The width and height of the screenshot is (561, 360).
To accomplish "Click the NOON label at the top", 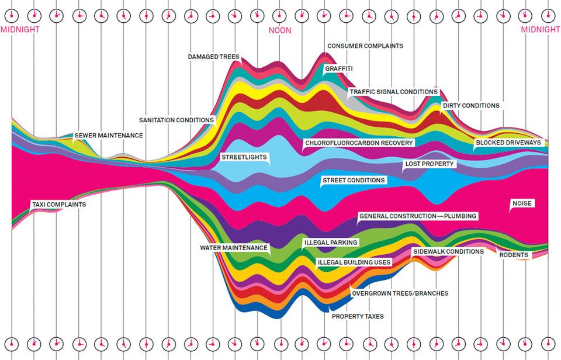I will pyautogui.click(x=280, y=30).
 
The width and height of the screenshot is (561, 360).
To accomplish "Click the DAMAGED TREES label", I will pyautogui.click(x=214, y=57).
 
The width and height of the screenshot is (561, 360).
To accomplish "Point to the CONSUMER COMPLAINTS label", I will pyautogui.click(x=365, y=46).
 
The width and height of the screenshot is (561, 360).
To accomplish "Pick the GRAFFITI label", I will pyautogui.click(x=339, y=69).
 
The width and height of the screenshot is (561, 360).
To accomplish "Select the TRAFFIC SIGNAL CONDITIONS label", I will pyautogui.click(x=393, y=92).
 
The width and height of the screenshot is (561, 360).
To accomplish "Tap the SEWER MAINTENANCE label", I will pyautogui.click(x=108, y=135).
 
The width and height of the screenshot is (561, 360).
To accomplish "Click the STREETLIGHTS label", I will pyautogui.click(x=244, y=157).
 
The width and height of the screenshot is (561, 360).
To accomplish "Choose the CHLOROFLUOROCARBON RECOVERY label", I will pyautogui.click(x=359, y=143).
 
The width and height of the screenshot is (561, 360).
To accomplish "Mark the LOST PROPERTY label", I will pyautogui.click(x=430, y=164).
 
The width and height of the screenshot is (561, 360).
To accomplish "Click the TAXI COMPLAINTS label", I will pyautogui.click(x=58, y=205).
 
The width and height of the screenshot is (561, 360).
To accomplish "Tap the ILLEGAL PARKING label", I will pyautogui.click(x=331, y=242).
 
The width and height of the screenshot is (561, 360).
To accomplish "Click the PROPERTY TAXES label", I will pyautogui.click(x=358, y=316).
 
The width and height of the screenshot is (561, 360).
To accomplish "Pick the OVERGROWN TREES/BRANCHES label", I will pyautogui.click(x=400, y=293).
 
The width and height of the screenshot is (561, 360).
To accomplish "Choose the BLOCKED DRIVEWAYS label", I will pyautogui.click(x=508, y=143).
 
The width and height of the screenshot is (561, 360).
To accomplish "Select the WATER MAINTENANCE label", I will pyautogui.click(x=234, y=248).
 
